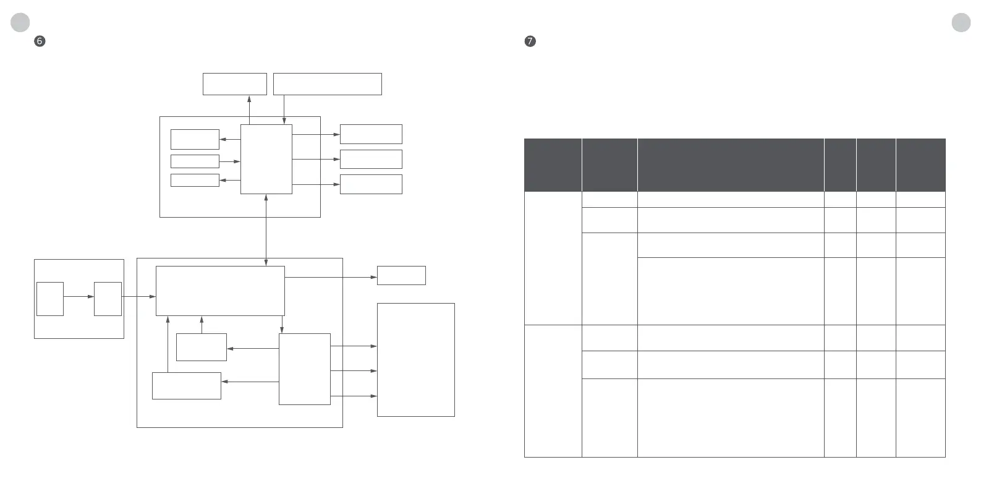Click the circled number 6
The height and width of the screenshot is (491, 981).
pyautogui.click(x=40, y=41)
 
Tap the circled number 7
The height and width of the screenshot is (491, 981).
pyautogui.click(x=530, y=41)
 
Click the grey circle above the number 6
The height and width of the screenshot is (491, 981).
pyautogui.click(x=20, y=22)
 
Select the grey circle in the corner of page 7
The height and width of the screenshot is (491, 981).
pyautogui.click(x=961, y=22)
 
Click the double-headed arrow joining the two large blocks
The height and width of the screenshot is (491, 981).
pyautogui.click(x=266, y=229)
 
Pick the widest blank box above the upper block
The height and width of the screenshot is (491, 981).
pyautogui.click(x=327, y=84)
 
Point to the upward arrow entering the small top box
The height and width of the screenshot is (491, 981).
pyautogui.click(x=249, y=106)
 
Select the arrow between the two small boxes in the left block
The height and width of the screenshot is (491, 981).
pyautogui.click(x=79, y=297)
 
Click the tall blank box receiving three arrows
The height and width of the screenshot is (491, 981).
pyautogui.click(x=415, y=359)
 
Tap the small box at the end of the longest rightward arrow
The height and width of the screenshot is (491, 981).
pyautogui.click(x=401, y=275)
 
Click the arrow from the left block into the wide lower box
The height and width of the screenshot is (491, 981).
pyautogui.click(x=138, y=297)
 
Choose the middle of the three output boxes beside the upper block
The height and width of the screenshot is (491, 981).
pyautogui.click(x=371, y=159)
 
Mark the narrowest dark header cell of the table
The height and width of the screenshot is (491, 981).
pyautogui.click(x=839, y=164)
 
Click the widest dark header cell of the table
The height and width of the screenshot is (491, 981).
pyautogui.click(x=730, y=164)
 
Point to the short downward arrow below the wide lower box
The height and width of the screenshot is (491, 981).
pyautogui.click(x=282, y=325)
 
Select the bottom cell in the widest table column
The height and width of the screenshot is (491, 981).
pyautogui.click(x=730, y=417)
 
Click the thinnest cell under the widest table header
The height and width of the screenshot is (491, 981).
pyautogui.click(x=730, y=199)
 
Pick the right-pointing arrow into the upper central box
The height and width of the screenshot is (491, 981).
pyautogui.click(x=229, y=161)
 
